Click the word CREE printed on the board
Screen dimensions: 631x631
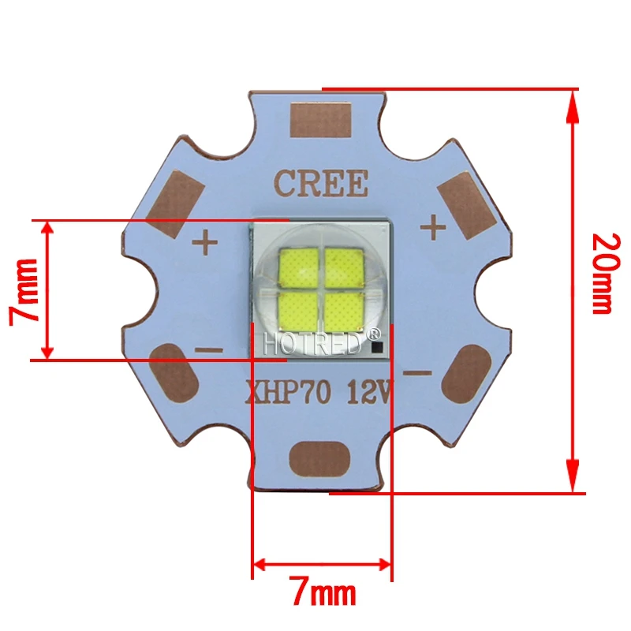click(321, 184)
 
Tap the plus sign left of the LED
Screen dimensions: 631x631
click(205, 241)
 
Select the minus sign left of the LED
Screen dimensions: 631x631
click(208, 349)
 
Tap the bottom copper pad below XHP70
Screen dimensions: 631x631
click(319, 457)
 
